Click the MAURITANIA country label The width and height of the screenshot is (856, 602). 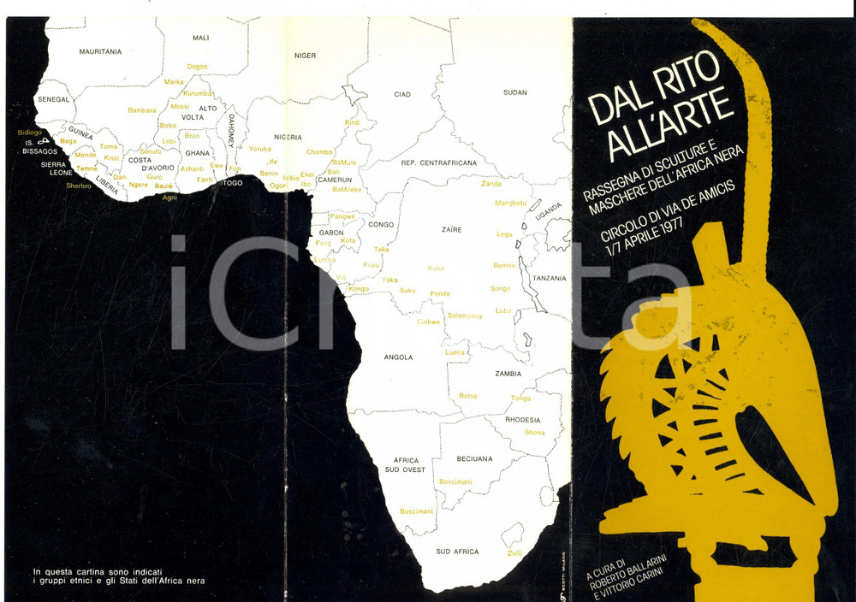tap(100, 51)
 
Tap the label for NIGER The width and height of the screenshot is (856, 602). tap(305, 56)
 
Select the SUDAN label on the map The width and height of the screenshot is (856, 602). tap(514, 92)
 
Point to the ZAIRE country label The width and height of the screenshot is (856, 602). tap(450, 230)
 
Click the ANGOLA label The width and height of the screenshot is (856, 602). tap(399, 357)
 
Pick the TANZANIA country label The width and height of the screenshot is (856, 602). tap(549, 279)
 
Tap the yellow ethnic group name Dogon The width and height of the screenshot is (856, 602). tap(197, 67)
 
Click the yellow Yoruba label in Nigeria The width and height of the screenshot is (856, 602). tap(259, 149)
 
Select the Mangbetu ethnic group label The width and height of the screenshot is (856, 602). tap(511, 204)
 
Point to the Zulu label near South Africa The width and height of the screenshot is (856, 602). tap(514, 553)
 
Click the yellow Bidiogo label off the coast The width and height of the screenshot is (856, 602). tap(29, 133)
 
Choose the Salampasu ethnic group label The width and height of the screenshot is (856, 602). tap(465, 316)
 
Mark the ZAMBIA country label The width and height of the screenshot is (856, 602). tap(508, 374)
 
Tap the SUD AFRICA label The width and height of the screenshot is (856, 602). tap(457, 552)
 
